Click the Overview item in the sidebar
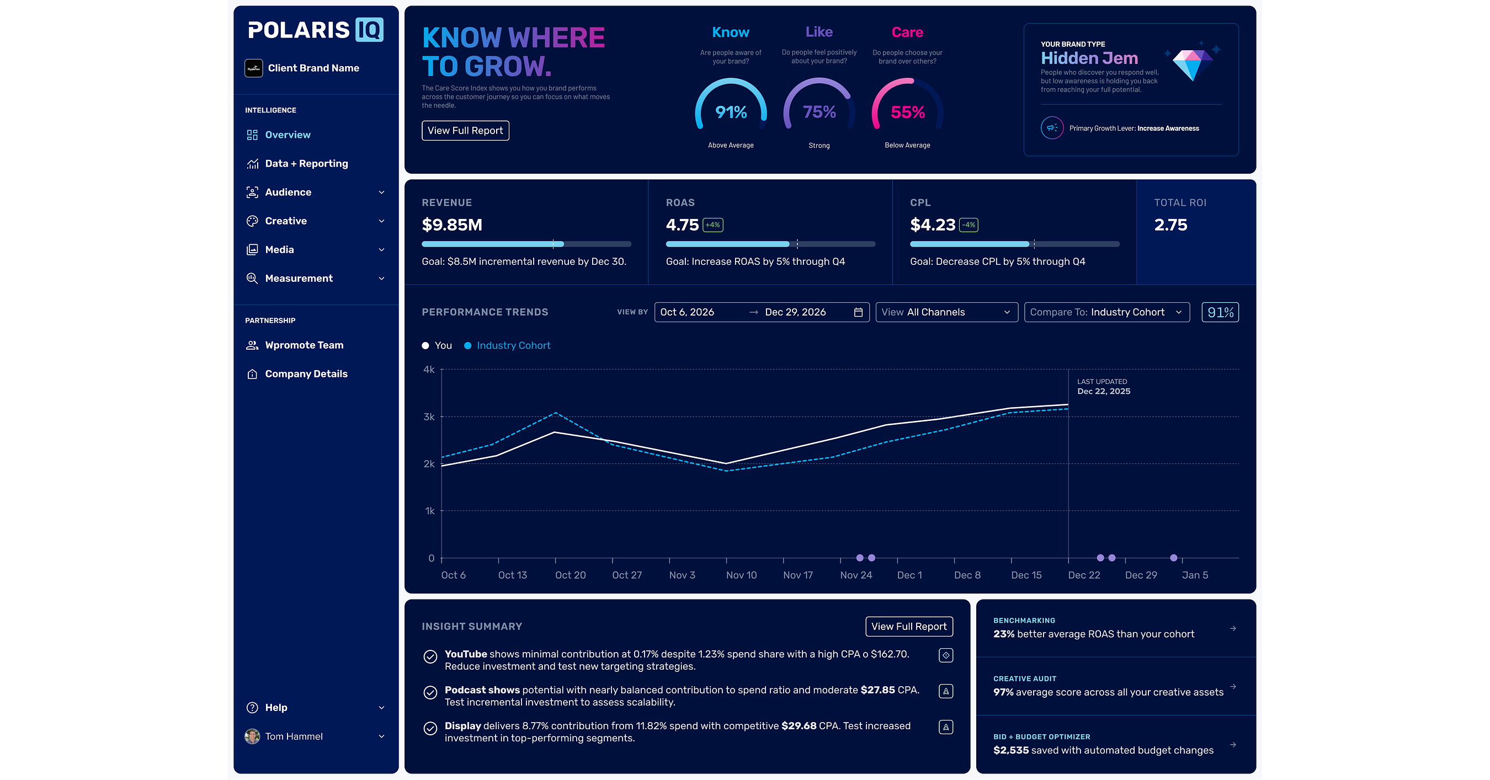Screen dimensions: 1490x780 coord(278,135)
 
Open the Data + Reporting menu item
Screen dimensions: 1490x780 coord(297,164)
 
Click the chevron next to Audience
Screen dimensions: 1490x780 coord(382,193)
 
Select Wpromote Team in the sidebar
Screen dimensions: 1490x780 coord(295,345)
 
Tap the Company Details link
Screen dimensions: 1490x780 coord(297,374)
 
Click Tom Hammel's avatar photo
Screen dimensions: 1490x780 coord(252,736)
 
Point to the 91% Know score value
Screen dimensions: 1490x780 coord(731,112)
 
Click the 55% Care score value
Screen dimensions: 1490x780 coord(908,112)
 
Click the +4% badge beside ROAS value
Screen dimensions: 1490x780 coord(712,225)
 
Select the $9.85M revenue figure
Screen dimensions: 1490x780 coord(452,225)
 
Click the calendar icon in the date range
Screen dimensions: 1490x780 coord(858,312)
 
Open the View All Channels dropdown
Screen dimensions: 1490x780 coord(946,312)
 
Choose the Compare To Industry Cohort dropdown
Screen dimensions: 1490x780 coord(1106,312)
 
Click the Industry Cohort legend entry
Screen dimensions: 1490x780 coord(507,346)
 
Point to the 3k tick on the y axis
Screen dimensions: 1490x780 coord(429,417)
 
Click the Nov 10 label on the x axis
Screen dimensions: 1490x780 coord(741,575)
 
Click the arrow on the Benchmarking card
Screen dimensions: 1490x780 coord(1233,628)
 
